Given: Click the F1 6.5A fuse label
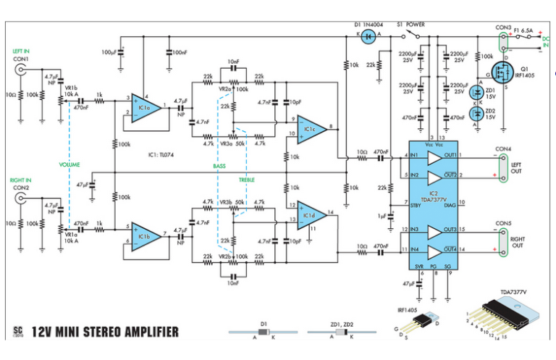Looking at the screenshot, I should (521, 31).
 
